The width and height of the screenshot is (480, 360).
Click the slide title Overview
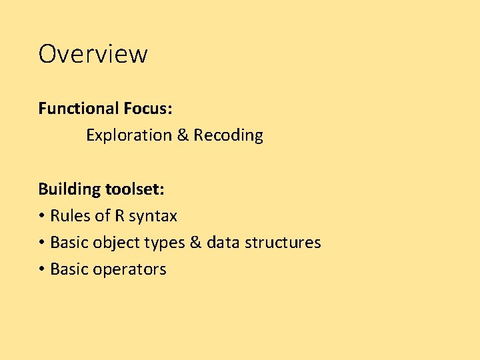click(93, 53)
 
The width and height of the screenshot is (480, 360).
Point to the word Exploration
click(129, 135)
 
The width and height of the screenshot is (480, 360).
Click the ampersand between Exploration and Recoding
click(183, 135)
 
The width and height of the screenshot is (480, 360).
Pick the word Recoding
click(228, 135)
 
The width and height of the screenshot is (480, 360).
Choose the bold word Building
click(69, 189)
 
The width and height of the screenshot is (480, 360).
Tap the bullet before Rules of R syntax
click(41, 216)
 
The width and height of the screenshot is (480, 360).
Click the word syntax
click(153, 217)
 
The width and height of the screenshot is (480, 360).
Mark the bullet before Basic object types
click(41, 243)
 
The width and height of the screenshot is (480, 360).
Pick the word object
click(114, 243)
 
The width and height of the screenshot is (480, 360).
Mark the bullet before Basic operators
click(41, 269)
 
